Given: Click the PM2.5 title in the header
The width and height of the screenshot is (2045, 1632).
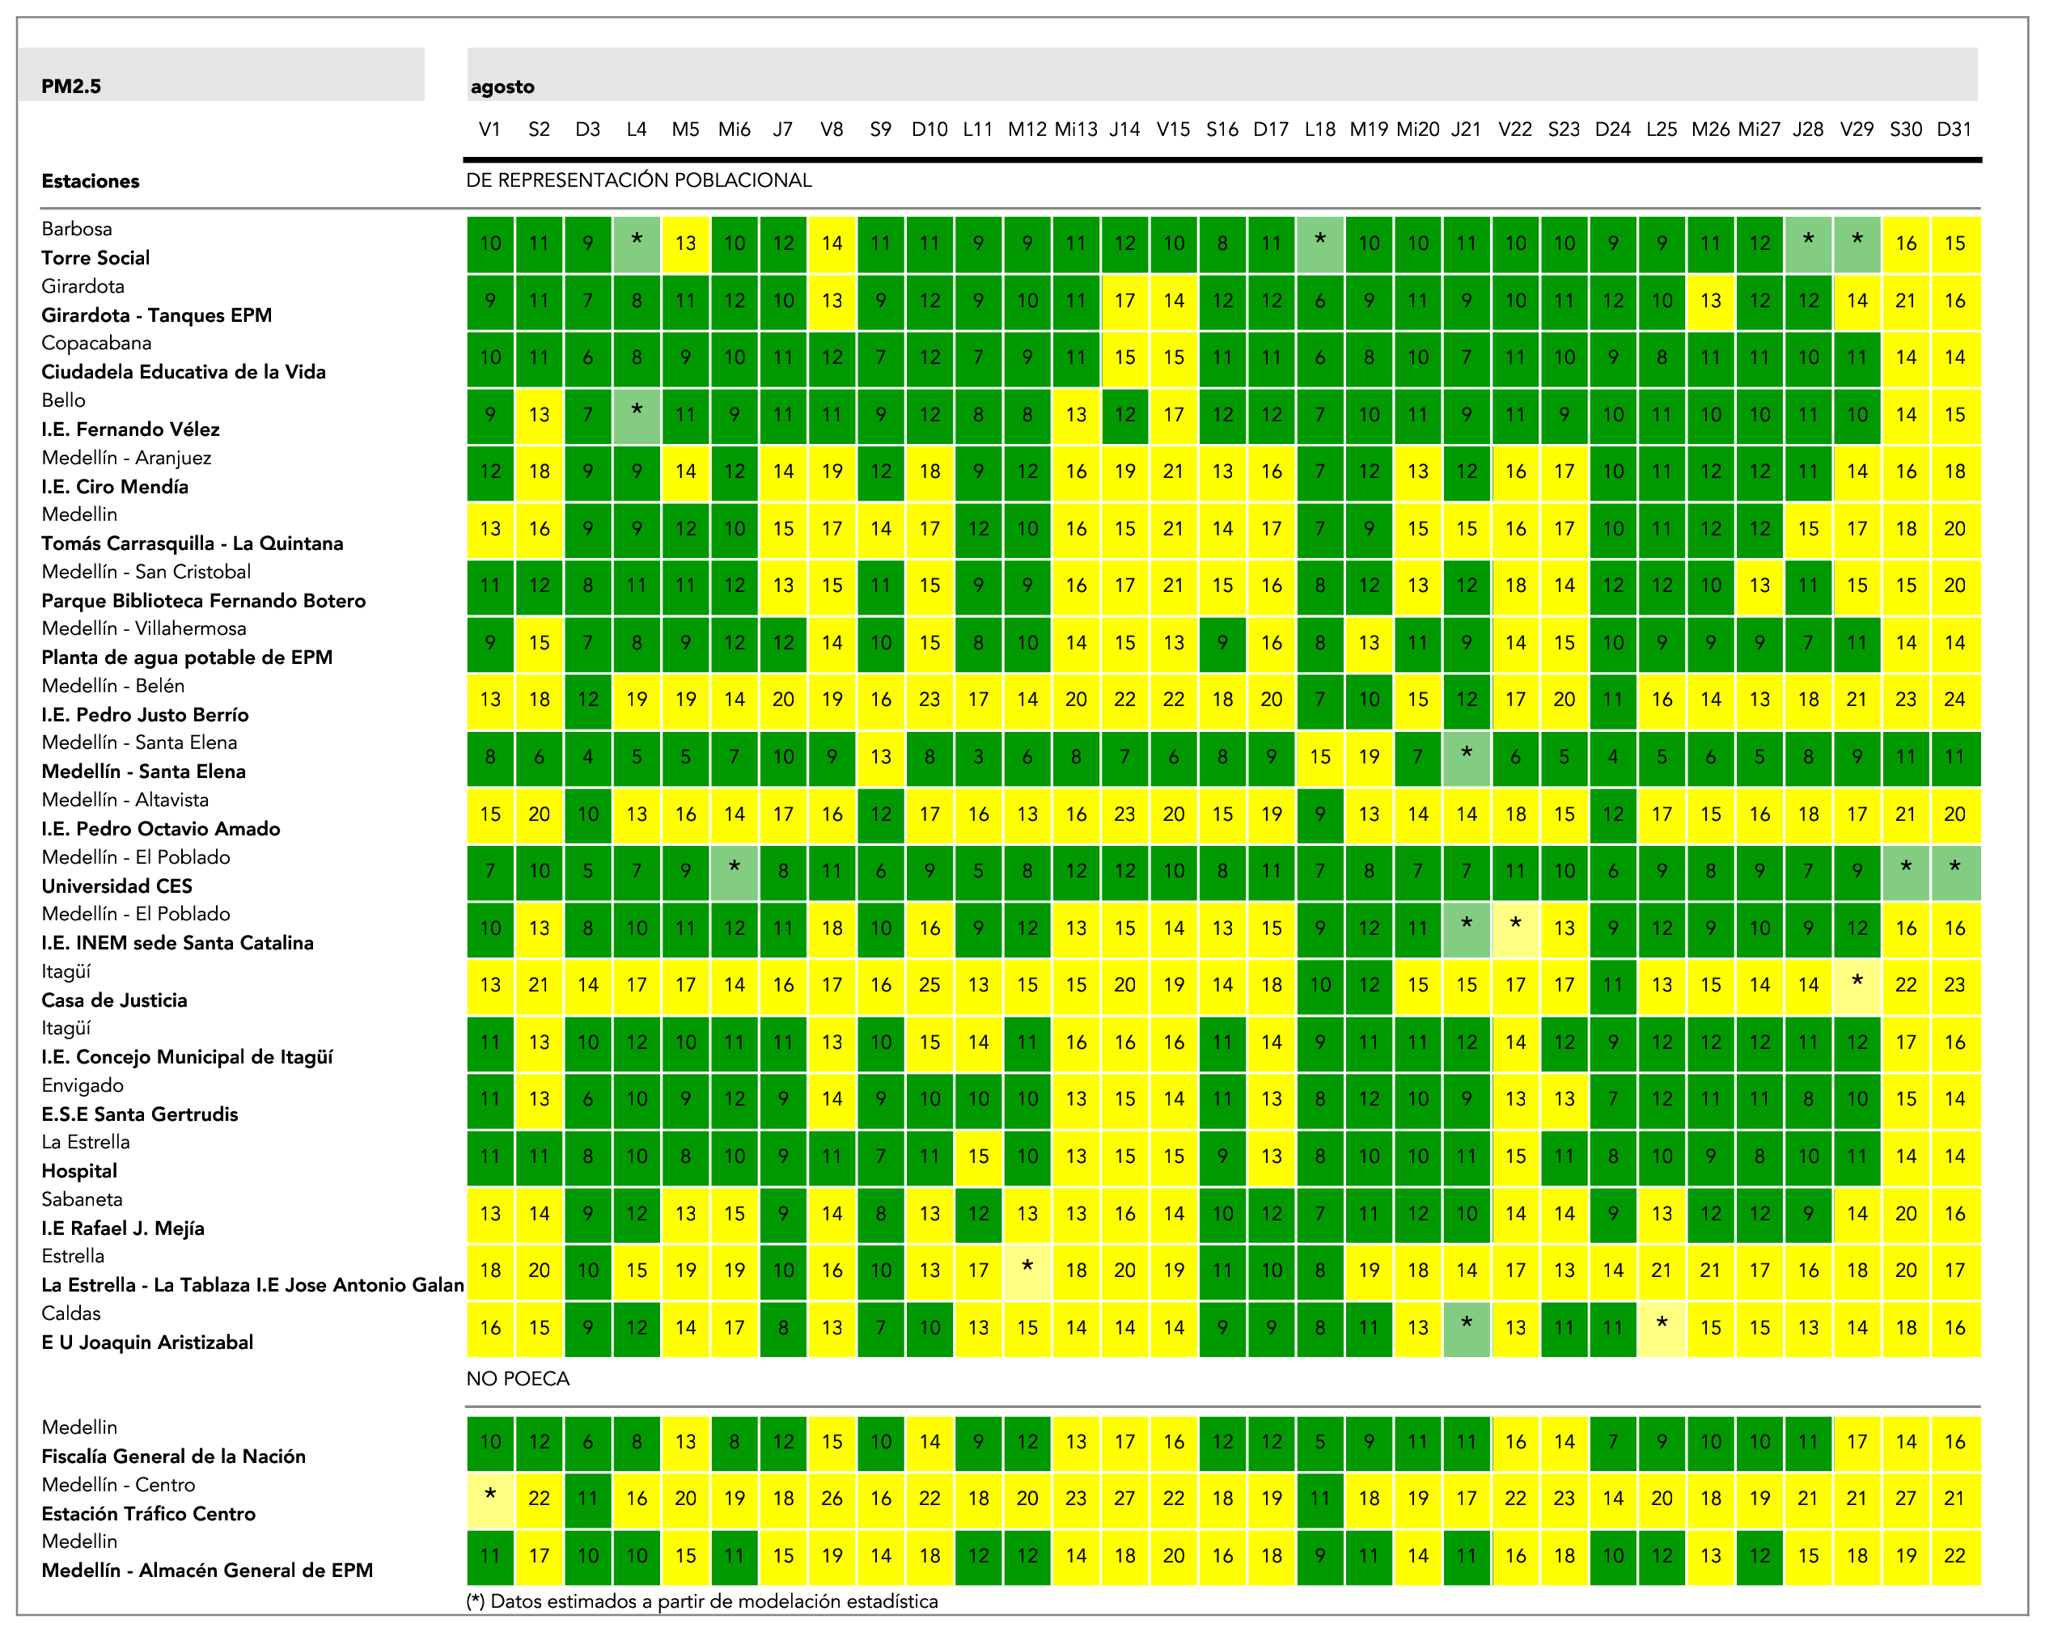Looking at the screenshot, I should tap(71, 87).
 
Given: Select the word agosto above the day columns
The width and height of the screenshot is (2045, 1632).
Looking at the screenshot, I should tap(502, 87).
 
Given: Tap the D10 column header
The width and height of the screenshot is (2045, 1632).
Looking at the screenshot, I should tap(929, 129).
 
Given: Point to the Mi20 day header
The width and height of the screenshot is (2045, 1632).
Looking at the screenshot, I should tap(1418, 129).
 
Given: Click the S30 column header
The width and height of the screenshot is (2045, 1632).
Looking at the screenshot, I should tap(1906, 129).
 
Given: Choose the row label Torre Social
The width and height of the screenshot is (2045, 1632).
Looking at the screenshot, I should tap(95, 258).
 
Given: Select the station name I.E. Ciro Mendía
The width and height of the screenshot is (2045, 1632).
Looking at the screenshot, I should tap(115, 487).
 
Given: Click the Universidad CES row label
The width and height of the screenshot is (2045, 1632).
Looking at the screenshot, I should tap(116, 886).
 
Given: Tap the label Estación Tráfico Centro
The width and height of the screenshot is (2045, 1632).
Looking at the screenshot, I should tap(149, 1513).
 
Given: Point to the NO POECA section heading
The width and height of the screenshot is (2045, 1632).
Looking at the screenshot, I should tap(518, 1379).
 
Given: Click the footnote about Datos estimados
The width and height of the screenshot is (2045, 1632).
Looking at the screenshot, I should tap(702, 1601).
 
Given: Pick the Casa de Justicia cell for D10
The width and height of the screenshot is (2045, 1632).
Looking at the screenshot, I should tap(929, 985).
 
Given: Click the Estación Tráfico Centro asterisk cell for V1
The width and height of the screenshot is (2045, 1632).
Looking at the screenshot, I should tap(490, 1499).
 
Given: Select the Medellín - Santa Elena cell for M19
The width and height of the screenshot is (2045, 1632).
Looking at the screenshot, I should tap(1369, 757).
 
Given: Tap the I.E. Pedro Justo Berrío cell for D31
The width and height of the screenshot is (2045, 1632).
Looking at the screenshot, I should tap(1955, 700).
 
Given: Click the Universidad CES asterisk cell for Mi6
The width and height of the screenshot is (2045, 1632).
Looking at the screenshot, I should tap(735, 870).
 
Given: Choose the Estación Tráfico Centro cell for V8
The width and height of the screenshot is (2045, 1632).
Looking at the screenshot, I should tap(832, 1499).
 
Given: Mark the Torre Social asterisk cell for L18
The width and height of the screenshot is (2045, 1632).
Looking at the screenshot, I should tap(1320, 243).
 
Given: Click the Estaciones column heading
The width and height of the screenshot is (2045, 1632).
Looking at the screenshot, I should tap(90, 181).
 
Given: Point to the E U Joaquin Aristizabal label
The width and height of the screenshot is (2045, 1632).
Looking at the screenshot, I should tap(147, 1342).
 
